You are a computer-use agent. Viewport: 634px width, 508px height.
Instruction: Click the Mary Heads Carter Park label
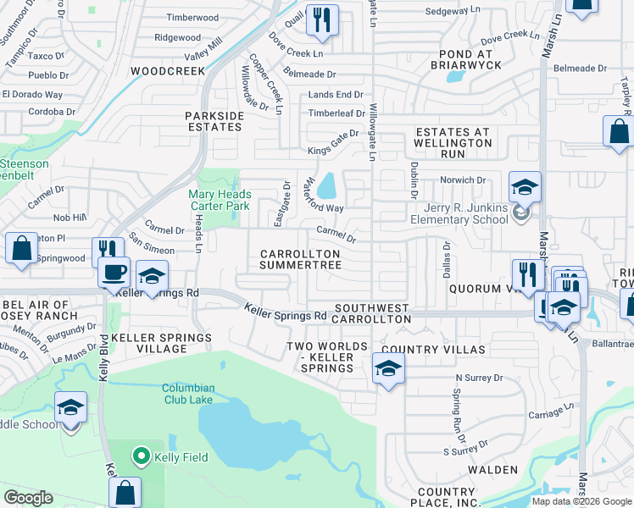pos(219,200)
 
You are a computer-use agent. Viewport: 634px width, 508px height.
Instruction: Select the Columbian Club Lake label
pos(188,394)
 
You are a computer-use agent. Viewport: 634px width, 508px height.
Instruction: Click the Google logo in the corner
pos(28,498)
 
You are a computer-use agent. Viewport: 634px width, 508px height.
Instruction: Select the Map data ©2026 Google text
pos(581,501)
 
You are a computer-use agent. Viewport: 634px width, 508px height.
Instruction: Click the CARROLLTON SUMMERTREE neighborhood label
pos(300,259)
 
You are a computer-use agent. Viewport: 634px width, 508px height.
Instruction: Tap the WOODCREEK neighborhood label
pos(168,71)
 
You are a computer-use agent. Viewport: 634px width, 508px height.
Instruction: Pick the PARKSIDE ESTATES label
pos(214,121)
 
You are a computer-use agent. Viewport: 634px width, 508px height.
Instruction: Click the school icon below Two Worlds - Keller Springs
pos(388,368)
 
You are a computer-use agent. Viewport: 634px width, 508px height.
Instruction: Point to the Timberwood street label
pos(192,17)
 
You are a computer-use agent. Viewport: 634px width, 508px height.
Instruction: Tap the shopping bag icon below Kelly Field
pos(125,492)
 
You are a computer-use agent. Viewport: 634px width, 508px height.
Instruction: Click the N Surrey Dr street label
pos(479,378)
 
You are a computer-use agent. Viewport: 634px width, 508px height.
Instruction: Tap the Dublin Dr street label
pos(415,180)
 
